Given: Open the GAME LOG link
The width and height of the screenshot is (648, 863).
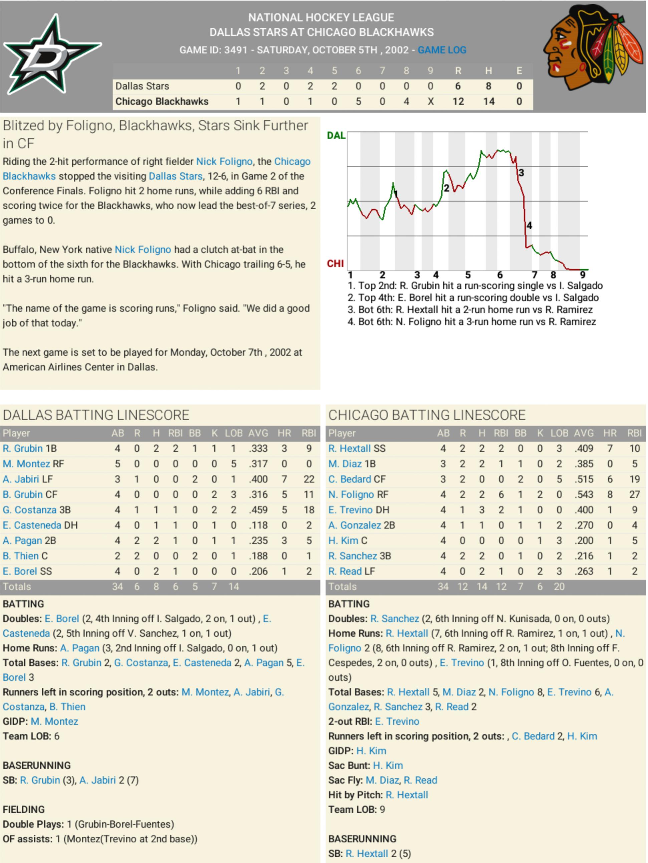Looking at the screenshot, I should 442,50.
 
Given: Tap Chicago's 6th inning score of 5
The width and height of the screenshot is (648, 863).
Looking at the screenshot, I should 358,101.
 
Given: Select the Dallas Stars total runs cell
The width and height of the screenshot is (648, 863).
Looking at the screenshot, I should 458,86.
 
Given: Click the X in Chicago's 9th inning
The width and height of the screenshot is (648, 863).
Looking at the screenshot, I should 430,101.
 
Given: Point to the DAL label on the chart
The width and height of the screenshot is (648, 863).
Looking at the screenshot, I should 336,136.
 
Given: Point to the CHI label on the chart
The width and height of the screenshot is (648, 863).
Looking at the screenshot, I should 335,264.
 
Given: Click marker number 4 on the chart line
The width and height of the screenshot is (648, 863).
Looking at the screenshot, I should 529,225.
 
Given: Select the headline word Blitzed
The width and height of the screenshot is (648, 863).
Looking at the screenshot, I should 23,126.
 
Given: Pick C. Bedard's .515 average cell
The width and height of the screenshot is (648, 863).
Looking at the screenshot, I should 584,479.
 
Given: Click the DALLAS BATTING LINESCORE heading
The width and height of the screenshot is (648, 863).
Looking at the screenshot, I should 96,415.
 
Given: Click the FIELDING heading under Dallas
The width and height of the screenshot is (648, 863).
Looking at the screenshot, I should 24,810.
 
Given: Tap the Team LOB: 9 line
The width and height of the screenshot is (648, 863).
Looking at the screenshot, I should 357,810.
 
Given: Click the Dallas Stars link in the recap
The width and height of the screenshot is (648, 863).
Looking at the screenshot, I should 176,176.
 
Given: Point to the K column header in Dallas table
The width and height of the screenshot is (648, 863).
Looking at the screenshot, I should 214,433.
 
